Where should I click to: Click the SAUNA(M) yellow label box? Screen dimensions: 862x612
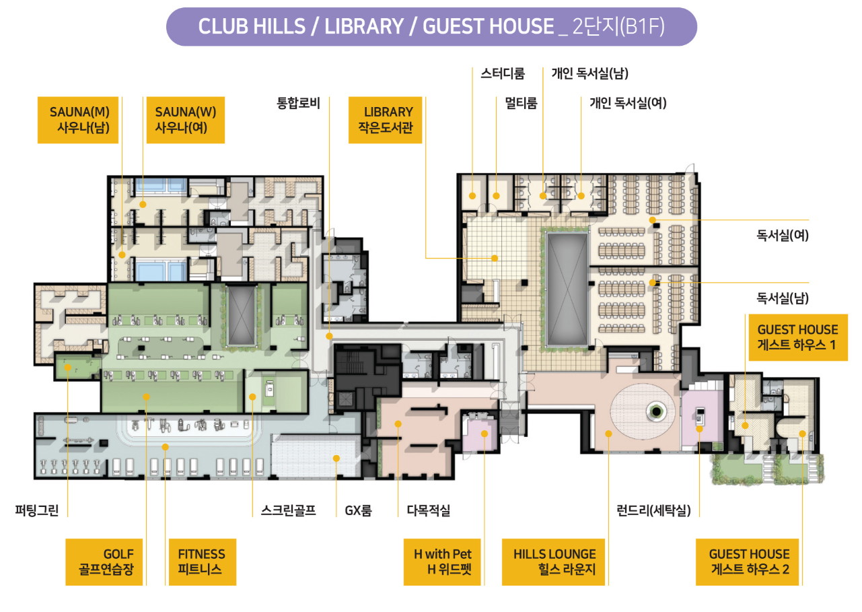coord(78,120)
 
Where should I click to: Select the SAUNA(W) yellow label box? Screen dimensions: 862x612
coord(186,120)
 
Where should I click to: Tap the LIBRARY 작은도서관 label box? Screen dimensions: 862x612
coord(385,120)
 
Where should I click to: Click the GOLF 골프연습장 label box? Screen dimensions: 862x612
coord(104,562)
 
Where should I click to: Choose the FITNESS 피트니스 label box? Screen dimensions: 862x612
coord(203,562)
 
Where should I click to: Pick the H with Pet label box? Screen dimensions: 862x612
coord(442,562)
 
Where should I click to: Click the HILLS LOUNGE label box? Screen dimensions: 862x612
coord(553,562)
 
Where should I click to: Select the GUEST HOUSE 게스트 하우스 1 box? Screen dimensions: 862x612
coord(798,337)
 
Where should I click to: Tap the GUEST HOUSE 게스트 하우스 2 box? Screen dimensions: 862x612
coord(748,562)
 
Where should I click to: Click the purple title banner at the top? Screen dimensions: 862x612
coord(431,26)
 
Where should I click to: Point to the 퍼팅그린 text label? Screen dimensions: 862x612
coord(37,510)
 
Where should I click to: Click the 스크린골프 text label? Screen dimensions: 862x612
coord(288,510)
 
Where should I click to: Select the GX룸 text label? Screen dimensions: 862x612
coord(358,510)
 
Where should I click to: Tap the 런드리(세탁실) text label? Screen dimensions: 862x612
coord(653,510)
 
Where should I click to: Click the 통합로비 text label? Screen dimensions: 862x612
coord(298,103)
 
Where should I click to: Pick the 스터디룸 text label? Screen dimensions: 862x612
coord(503,73)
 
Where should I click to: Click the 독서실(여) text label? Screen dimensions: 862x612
coord(783,235)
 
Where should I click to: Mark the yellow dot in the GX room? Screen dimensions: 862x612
coord(336,458)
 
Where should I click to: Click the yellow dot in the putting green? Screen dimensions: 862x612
coord(68,367)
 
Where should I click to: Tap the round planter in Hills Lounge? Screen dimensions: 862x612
coord(656,412)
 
